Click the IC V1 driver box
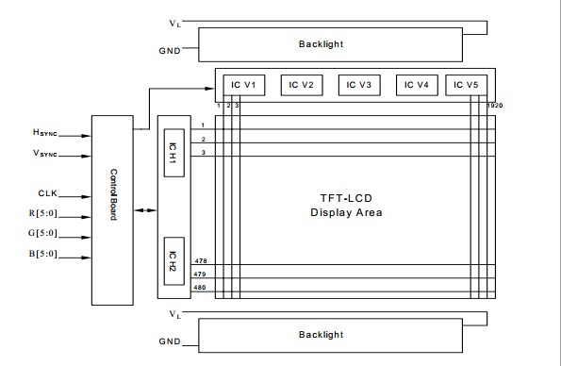point(244,85)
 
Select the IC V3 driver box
point(359,85)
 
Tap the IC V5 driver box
point(466,85)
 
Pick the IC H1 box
point(174,153)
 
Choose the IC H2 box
point(174,261)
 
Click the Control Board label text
point(113,195)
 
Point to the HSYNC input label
point(44,132)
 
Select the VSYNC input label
point(45,153)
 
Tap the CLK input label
point(47,193)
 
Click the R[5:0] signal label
point(43,213)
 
